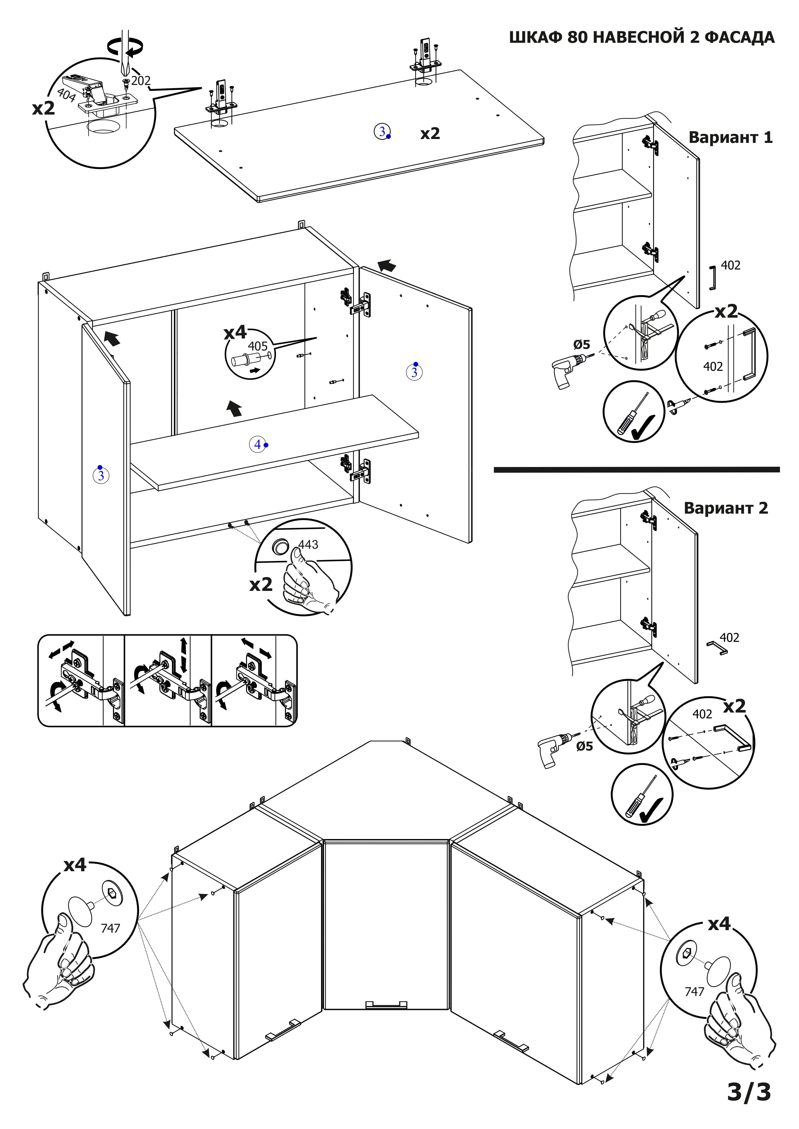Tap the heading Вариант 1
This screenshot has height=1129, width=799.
coord(730,137)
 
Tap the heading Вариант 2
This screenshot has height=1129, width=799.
coord(726,508)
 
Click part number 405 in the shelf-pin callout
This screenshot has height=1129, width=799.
coord(257,346)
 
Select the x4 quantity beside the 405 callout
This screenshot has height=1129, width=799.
coord(235,332)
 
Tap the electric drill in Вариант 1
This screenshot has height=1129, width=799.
coord(567,371)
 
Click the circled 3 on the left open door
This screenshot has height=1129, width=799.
coord(101,475)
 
